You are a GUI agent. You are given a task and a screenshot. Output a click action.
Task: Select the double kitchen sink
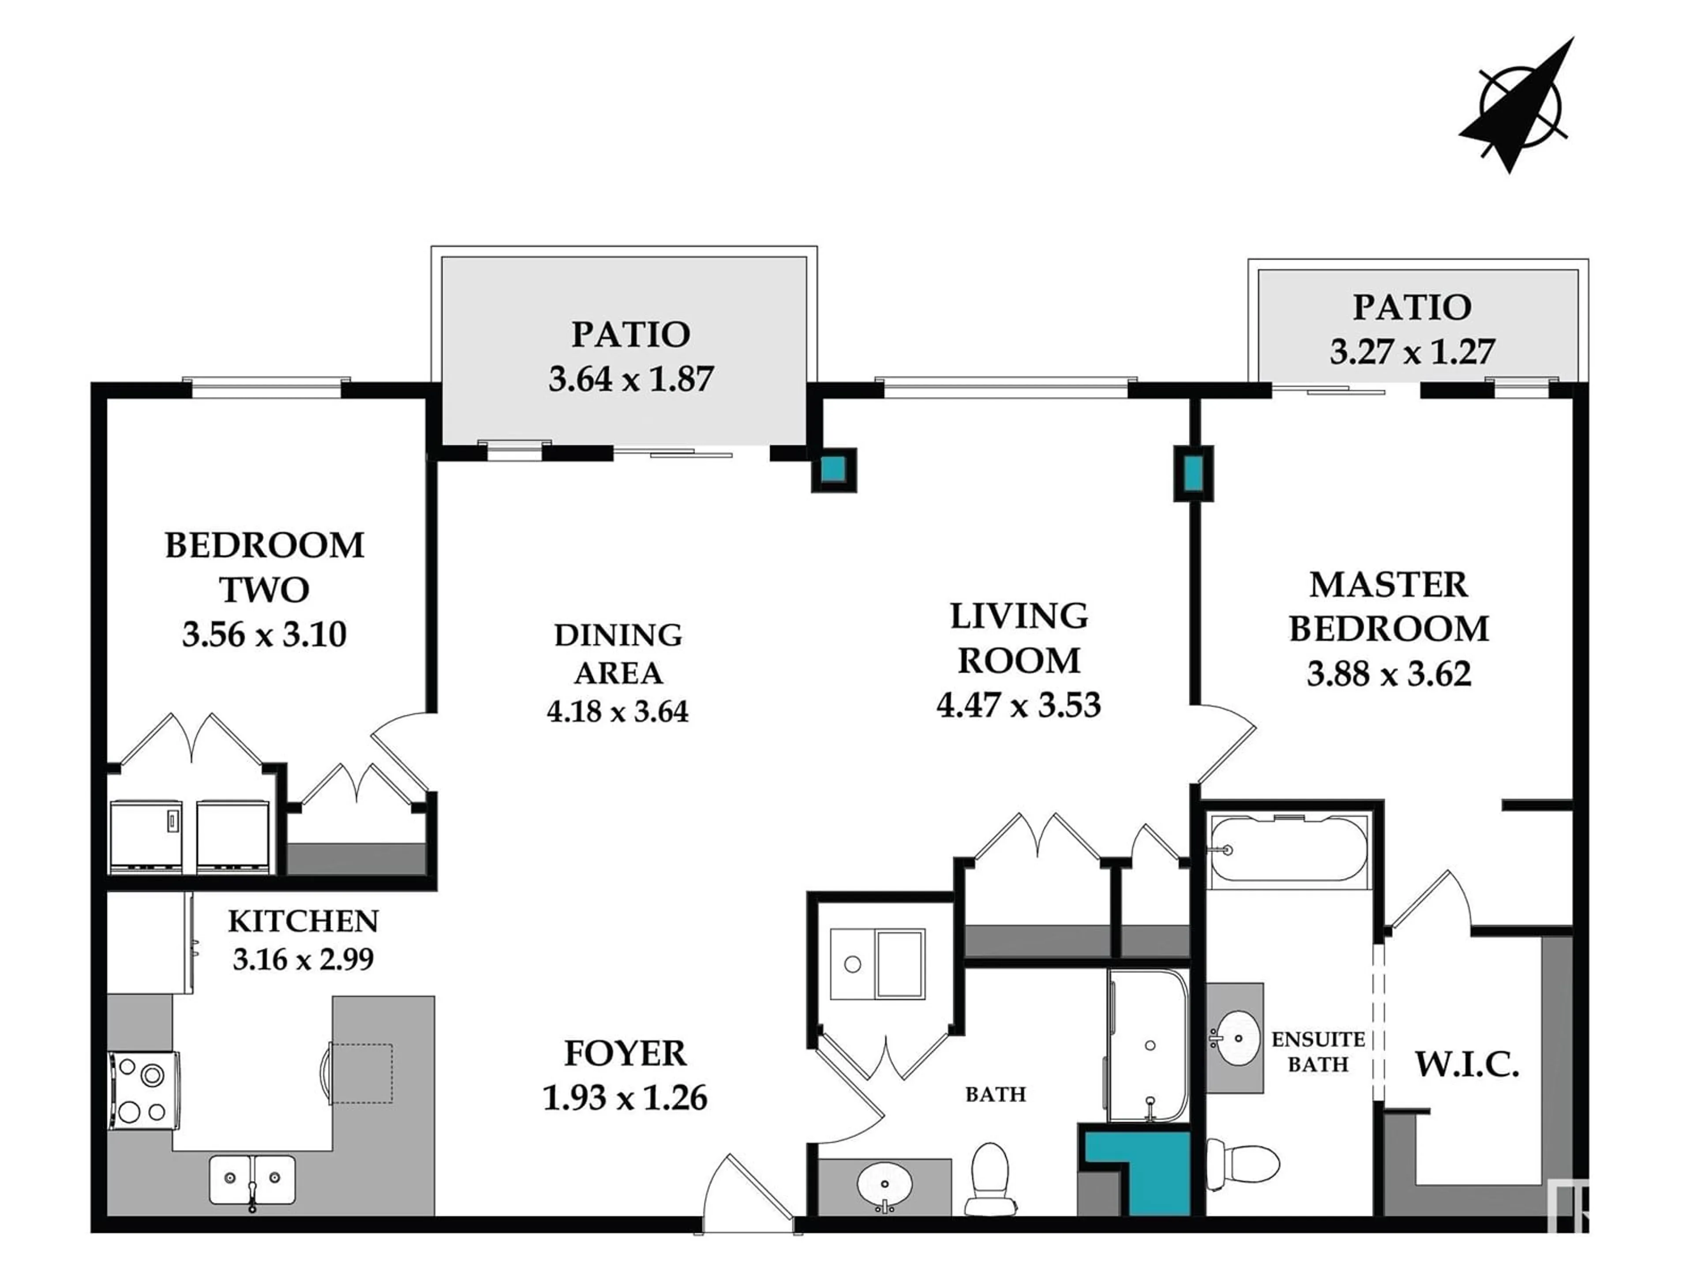click(x=252, y=1179)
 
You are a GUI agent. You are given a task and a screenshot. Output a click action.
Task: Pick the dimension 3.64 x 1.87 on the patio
click(x=631, y=379)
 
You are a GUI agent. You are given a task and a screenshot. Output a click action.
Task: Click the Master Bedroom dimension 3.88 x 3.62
click(x=1389, y=674)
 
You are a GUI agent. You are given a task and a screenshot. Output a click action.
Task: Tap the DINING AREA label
click(x=618, y=654)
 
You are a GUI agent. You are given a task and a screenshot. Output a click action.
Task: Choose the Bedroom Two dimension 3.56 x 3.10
click(x=264, y=634)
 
